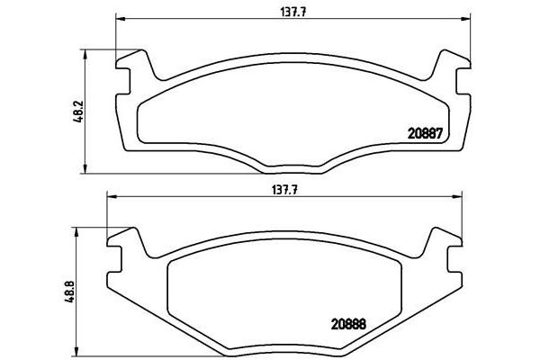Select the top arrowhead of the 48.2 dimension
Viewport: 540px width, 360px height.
coord(86,52)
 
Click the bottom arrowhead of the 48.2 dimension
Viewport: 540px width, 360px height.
coord(86,168)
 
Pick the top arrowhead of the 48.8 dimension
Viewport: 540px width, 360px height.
coord(77,227)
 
